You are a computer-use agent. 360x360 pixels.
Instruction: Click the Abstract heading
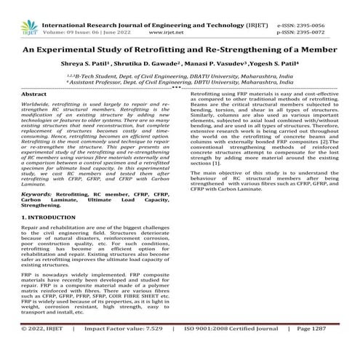point(30,95)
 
